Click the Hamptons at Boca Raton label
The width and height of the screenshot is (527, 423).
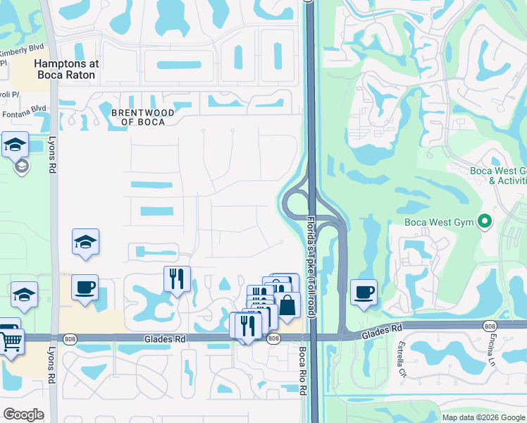click(67, 69)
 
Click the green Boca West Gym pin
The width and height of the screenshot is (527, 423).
click(484, 222)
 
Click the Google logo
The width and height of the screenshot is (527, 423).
click(23, 414)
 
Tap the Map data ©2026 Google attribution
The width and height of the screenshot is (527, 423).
click(483, 417)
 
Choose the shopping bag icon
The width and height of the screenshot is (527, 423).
click(287, 305)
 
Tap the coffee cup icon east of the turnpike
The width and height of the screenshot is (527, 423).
click(364, 291)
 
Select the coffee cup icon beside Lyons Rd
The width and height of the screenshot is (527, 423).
click(85, 287)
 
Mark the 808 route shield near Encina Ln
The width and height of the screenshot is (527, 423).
click(490, 326)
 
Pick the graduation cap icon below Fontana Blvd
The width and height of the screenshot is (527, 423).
click(15, 145)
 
